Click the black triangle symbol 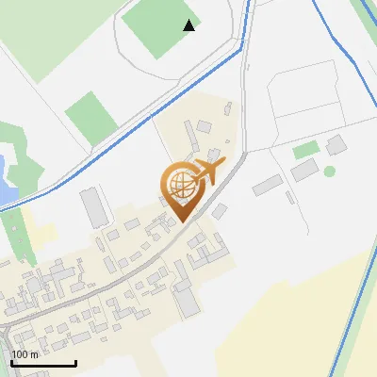(189, 25)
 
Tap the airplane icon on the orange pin (206, 172)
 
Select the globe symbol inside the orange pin (179, 186)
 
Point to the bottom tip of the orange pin (180, 221)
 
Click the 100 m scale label (25, 354)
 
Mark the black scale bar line (43, 363)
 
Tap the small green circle (330, 171)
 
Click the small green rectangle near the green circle (304, 150)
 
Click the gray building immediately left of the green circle (304, 170)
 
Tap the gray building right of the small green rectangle (336, 144)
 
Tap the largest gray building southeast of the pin (186, 302)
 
